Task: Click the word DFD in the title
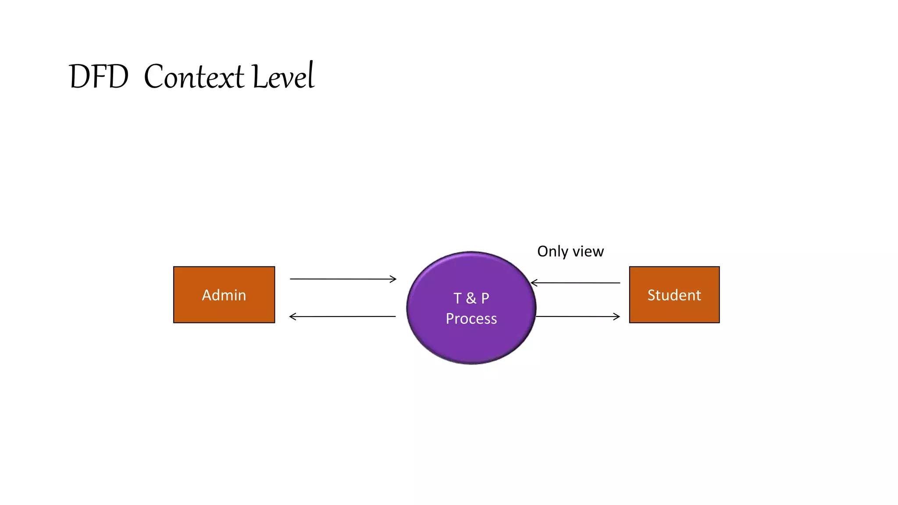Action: click(99, 77)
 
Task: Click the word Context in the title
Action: click(194, 77)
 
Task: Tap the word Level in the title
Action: click(284, 76)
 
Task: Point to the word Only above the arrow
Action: click(552, 252)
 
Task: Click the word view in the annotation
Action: click(588, 252)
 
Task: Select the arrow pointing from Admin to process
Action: click(342, 279)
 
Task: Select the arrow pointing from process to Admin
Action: click(342, 317)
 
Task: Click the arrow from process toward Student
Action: click(577, 317)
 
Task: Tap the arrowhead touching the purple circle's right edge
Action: click(534, 283)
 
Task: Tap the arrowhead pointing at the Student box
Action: click(617, 317)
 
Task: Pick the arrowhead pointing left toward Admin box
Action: click(292, 317)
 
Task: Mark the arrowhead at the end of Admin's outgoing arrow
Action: click(393, 279)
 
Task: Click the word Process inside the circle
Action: click(471, 319)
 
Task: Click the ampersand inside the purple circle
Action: click(471, 299)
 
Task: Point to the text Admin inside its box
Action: click(224, 295)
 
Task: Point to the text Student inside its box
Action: click(674, 295)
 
